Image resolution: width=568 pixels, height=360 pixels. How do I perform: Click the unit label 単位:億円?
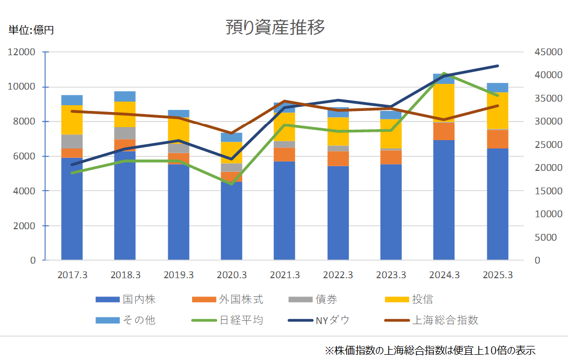click(31, 30)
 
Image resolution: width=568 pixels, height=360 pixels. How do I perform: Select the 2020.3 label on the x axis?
click(232, 275)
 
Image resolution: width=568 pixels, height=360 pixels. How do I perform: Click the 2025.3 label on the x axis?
click(497, 275)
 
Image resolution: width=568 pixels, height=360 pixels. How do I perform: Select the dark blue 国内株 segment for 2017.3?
click(72, 208)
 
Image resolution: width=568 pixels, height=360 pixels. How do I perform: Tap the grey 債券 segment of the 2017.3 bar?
click(72, 142)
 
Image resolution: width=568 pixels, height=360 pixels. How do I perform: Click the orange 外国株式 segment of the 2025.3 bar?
click(497, 139)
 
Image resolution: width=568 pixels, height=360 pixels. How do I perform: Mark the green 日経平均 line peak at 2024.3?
click(444, 73)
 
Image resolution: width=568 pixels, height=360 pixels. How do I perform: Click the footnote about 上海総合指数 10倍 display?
click(430, 350)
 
